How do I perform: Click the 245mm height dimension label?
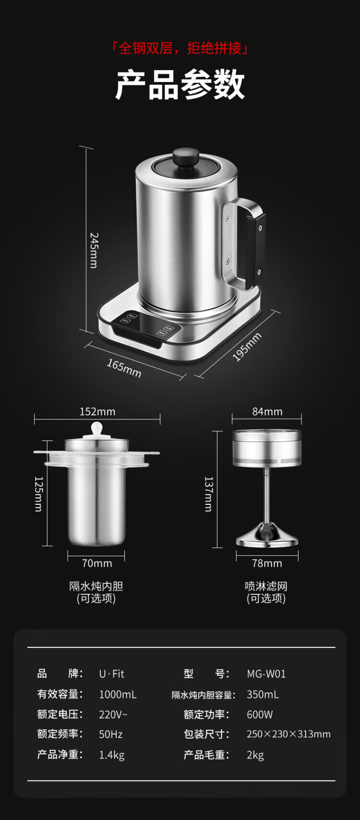[94, 250]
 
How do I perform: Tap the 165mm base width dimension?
[124, 368]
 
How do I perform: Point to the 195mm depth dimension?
[247, 347]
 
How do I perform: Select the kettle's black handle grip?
[256, 250]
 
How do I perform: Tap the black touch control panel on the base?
[146, 328]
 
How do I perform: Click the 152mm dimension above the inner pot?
[97, 412]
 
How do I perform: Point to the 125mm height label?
[38, 494]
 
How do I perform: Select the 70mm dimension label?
[97, 563]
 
